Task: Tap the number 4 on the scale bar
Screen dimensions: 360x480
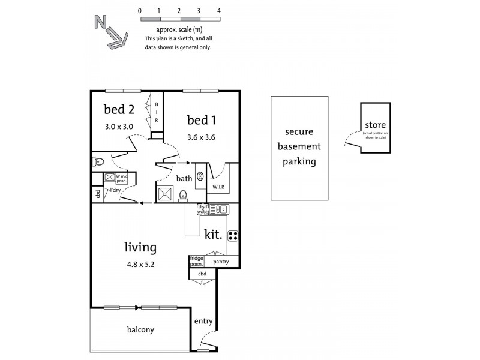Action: [x=219, y=11]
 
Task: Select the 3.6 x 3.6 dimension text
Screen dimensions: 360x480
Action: [x=200, y=137]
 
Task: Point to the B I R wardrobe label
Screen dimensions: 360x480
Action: [x=157, y=112]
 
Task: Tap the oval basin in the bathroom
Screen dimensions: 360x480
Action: [x=200, y=176]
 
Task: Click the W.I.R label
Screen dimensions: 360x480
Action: [x=218, y=187]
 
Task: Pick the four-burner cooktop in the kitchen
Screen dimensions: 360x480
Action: [x=232, y=235]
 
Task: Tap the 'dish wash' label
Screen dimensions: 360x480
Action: [x=203, y=209]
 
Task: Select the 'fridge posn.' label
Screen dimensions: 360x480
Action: [x=197, y=262]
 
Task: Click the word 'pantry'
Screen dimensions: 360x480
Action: [x=221, y=262]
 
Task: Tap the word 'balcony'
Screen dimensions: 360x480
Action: [x=140, y=329]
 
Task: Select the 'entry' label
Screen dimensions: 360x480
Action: [x=203, y=321]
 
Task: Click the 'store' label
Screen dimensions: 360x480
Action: [x=375, y=125]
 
